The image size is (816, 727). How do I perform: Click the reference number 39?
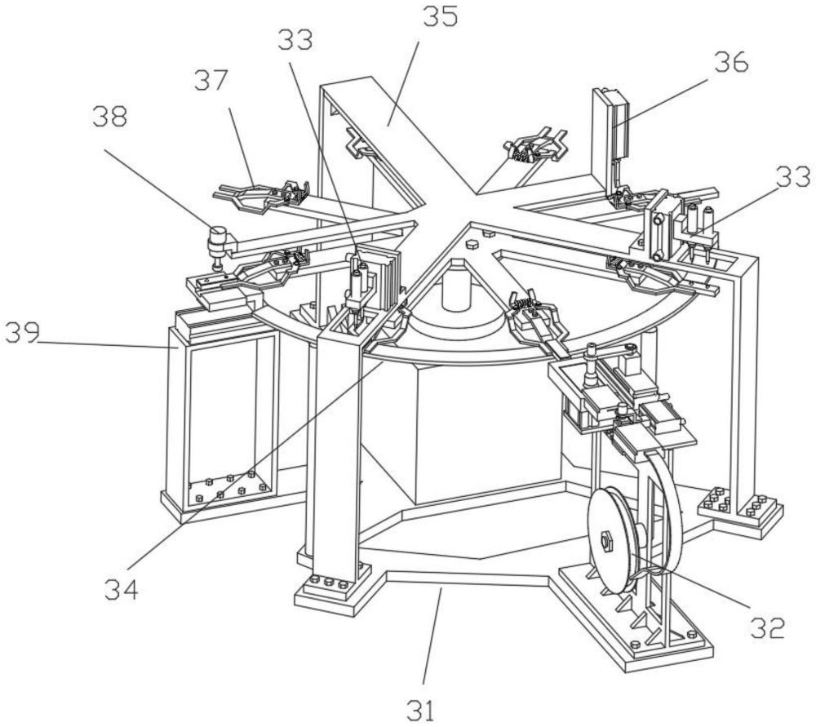click(x=21, y=334)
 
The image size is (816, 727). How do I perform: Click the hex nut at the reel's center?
click(x=607, y=539)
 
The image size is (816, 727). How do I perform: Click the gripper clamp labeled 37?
click(x=259, y=194)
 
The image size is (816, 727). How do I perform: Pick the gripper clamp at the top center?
click(x=534, y=147)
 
